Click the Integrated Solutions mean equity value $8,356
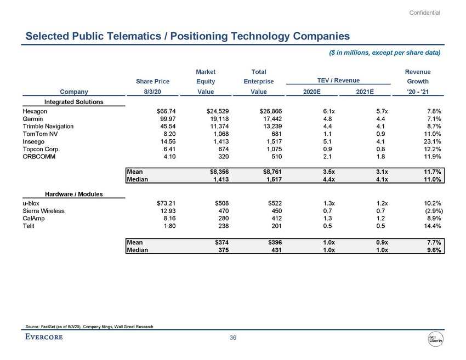click(217, 171)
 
